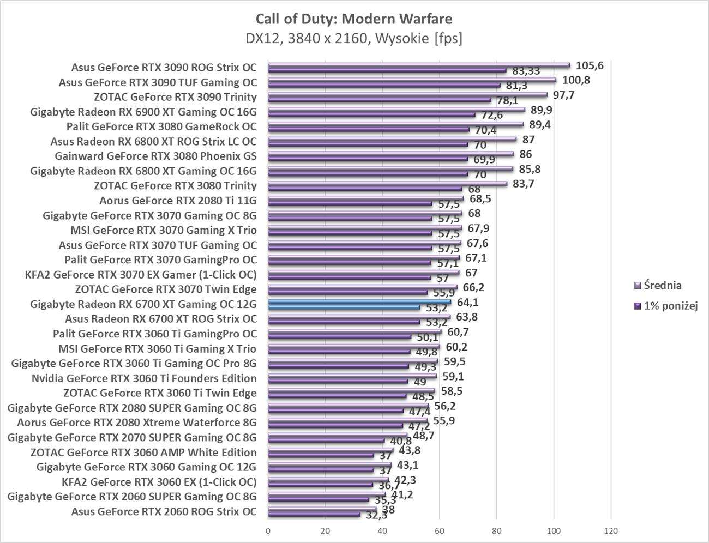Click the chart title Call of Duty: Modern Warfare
coord(354,19)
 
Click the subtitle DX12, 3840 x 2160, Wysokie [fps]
coord(354,39)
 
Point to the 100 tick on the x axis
coord(554,531)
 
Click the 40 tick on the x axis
coord(382,531)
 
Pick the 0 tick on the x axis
coord(268,531)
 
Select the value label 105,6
coord(590,66)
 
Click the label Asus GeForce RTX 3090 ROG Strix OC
coord(164,68)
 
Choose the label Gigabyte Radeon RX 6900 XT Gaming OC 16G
coord(143,112)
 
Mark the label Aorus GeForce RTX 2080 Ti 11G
coord(178,201)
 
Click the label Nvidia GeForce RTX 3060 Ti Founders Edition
coord(144,378)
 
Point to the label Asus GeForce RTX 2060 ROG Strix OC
coord(164,511)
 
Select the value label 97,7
coord(563,95)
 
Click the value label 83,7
coord(523,184)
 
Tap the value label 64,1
coord(467,302)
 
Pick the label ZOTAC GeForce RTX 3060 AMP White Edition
coord(143,452)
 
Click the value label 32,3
coord(376,515)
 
